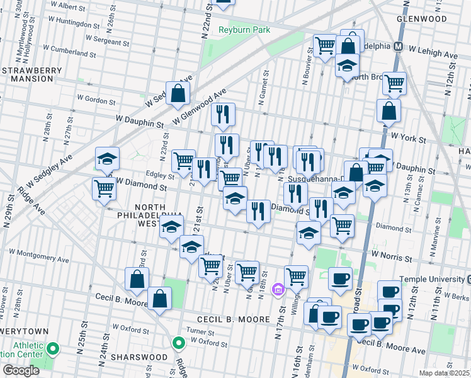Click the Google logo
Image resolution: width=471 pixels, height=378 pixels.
pyautogui.click(x=21, y=370)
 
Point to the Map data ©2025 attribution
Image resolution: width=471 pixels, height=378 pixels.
pyautogui.click(x=445, y=373)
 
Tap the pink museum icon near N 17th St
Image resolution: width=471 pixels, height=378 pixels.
pyautogui.click(x=277, y=289)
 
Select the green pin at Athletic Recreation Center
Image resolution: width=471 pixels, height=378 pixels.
pyautogui.click(x=54, y=348)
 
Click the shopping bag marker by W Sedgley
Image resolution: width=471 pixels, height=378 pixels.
pyautogui.click(x=178, y=93)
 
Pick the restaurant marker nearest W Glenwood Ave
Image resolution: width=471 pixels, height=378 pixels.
pyautogui.click(x=223, y=114)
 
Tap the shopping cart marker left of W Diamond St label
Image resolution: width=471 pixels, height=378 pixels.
pyautogui.click(x=104, y=188)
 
